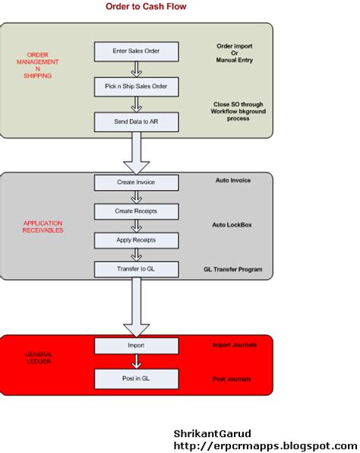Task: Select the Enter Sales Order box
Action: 136,52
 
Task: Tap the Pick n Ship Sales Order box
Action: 136,87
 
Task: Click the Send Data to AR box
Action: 136,122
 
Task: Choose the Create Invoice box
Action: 136,182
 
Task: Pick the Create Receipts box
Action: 136,211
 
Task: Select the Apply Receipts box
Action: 136,239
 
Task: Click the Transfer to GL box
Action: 136,269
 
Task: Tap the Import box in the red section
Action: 136,346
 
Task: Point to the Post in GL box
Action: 136,379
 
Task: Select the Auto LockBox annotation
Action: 232,226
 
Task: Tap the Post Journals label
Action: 232,379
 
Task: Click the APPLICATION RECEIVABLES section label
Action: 43,226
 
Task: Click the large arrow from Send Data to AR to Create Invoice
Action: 137,152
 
